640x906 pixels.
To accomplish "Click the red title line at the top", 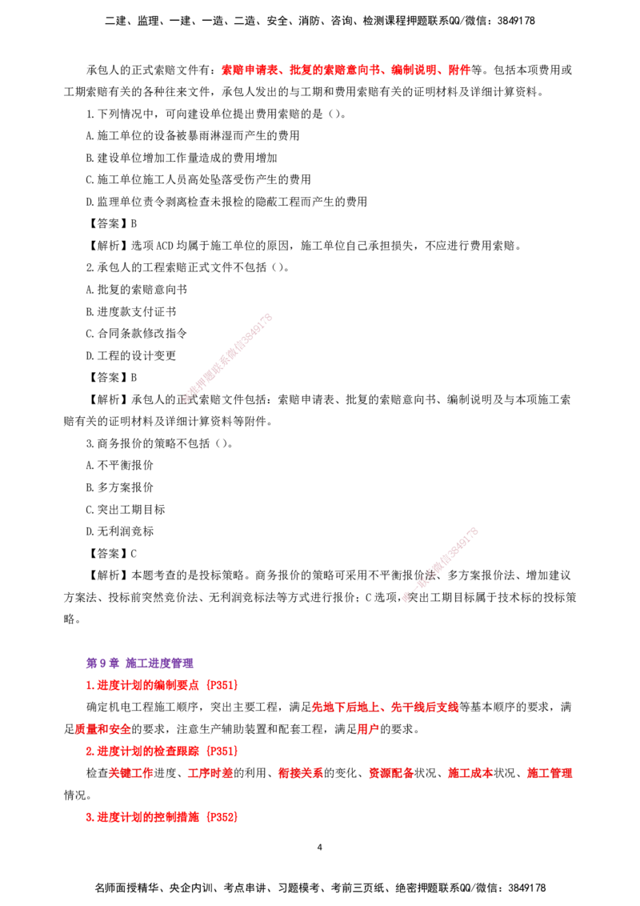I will coord(345,70).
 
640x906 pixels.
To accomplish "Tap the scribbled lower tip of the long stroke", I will coord(186,399).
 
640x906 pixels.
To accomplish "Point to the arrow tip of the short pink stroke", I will coord(406,597).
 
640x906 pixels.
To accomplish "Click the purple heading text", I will coord(140,663).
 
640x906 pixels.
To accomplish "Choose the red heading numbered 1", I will coord(161,685).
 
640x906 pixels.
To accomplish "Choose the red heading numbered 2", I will coord(161,751).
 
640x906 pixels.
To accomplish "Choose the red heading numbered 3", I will coord(161,817).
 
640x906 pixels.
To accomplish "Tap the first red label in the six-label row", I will coord(130,774).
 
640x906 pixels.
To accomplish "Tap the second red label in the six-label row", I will coord(210,774).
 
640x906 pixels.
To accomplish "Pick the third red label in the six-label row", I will coord(300,774).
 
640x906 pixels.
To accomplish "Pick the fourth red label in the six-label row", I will coord(390,774).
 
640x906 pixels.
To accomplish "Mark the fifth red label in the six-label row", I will coord(470,774).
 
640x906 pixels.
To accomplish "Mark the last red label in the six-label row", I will coord(550,774).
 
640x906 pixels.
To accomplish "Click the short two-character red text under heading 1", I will coord(367,729).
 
